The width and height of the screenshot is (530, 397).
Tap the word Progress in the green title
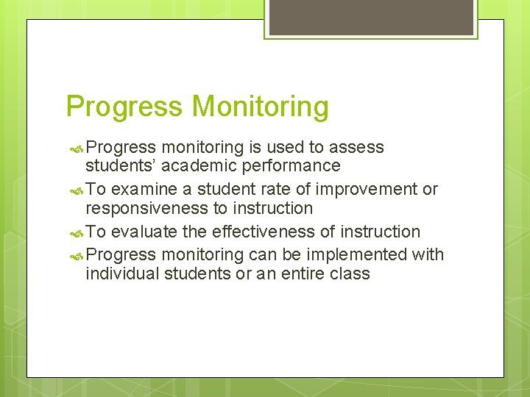pyautogui.click(x=124, y=107)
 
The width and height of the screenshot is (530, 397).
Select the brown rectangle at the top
pyautogui.click(x=371, y=17)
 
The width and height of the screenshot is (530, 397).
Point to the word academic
pyautogui.click(x=204, y=166)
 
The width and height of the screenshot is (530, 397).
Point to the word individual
pyautogui.click(x=122, y=274)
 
